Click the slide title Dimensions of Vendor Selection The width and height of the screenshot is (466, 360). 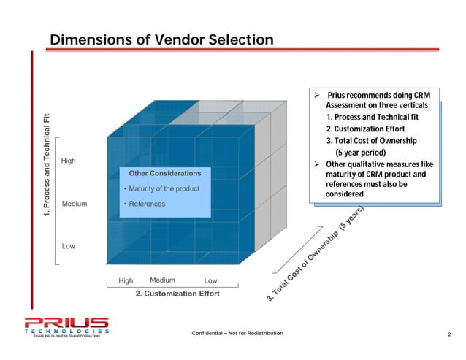[x=161, y=39]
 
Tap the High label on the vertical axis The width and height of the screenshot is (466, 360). [x=68, y=161]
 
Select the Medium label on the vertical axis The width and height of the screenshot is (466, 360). [x=75, y=204]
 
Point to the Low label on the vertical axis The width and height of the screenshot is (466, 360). [x=68, y=247]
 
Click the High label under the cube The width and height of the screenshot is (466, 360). [x=126, y=280]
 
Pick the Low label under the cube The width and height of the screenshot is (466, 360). [x=210, y=280]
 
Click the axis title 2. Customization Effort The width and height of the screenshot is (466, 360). [x=177, y=294]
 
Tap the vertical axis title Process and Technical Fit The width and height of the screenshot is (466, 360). [x=46, y=166]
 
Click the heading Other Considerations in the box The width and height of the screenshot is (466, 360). [x=164, y=174]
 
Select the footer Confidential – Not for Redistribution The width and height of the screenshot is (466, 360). [x=237, y=334]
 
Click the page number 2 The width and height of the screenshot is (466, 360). [x=450, y=334]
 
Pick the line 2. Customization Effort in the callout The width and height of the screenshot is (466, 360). [x=371, y=129]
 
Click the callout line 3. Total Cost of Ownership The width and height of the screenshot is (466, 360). [x=371, y=141]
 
